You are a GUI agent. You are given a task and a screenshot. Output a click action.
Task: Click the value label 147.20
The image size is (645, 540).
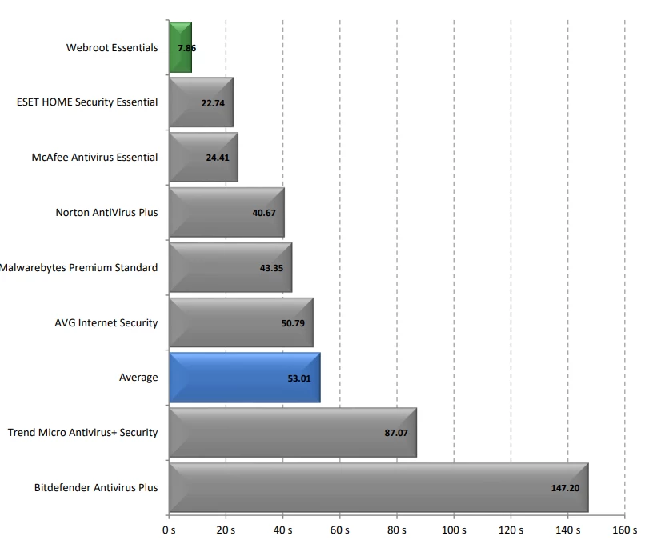point(565,488)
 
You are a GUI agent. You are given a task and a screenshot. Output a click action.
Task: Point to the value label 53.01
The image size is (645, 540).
point(299,378)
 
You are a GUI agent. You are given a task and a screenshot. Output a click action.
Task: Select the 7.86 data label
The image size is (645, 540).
point(186,48)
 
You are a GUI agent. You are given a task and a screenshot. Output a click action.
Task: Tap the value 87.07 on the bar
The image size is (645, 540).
point(396,433)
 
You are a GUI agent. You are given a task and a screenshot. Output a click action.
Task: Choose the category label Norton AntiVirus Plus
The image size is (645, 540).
point(106,213)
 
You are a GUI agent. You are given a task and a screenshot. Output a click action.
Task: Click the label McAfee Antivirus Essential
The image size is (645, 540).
point(94,158)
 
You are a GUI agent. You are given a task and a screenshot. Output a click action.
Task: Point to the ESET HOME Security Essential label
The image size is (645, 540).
point(87,102)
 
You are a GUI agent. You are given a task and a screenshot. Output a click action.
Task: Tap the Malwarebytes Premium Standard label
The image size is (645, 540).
point(79,267)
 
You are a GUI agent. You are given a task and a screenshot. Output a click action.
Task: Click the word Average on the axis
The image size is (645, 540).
point(138,378)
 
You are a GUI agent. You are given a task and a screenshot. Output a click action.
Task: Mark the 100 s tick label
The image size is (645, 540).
point(453,530)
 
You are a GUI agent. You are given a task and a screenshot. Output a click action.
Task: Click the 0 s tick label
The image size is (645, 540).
point(168,530)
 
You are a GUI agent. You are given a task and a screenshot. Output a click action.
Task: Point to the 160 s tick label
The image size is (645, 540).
point(624,530)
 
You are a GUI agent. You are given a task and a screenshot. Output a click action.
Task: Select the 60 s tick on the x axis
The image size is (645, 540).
point(339,530)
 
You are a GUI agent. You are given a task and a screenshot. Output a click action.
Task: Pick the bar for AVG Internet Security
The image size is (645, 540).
point(240,322)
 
